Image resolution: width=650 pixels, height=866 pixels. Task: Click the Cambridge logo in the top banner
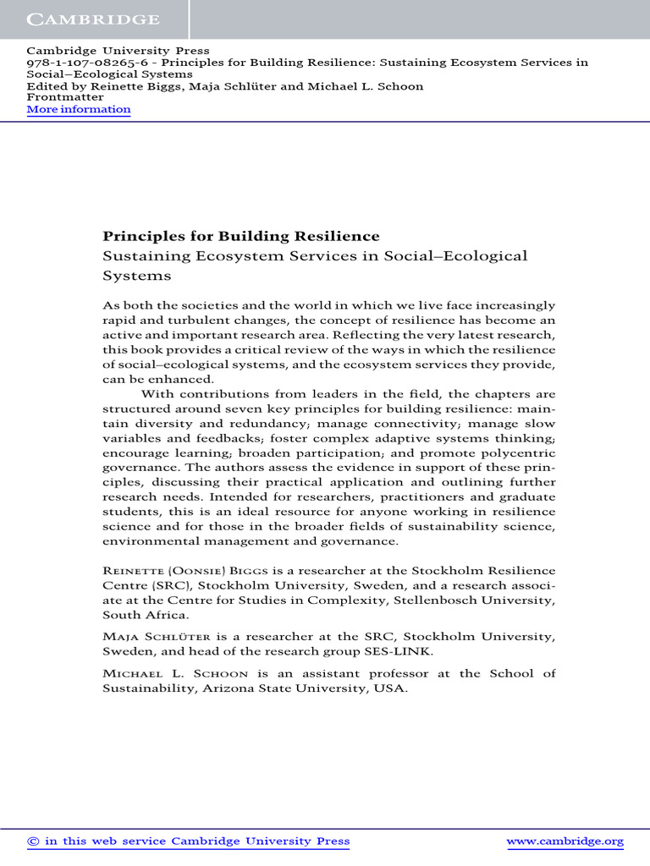click(93, 19)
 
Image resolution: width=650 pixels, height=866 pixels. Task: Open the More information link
click(79, 109)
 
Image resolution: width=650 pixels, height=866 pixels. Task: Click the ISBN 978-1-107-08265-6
click(85, 63)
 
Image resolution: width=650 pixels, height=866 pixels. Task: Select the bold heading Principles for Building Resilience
click(241, 236)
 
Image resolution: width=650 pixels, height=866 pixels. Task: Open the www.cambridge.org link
click(565, 841)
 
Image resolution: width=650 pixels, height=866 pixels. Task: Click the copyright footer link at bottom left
click(188, 841)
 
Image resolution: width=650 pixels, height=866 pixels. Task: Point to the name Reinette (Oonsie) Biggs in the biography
click(185, 571)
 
